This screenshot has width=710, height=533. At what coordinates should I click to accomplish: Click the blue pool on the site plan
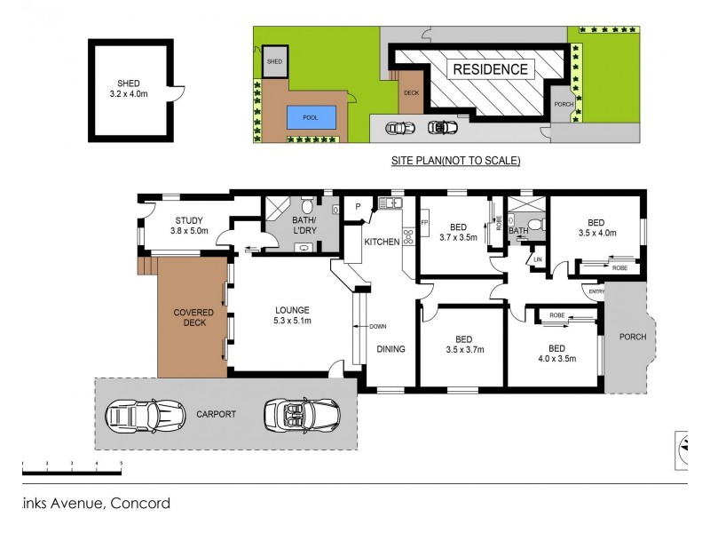point(312,117)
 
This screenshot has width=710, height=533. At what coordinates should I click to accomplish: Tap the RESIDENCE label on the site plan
point(490,69)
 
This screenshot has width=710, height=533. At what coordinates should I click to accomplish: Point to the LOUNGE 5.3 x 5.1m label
point(291,315)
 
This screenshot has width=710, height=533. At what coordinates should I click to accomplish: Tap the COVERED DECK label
point(190,317)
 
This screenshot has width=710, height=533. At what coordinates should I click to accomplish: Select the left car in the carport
point(134,414)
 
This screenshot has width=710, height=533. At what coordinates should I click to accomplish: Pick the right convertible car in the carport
point(302,414)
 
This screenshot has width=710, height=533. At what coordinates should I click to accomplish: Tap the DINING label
point(390,349)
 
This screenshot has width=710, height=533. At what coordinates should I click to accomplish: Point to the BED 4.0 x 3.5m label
point(556,354)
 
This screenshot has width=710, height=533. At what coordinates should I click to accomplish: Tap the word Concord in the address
point(139,504)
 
